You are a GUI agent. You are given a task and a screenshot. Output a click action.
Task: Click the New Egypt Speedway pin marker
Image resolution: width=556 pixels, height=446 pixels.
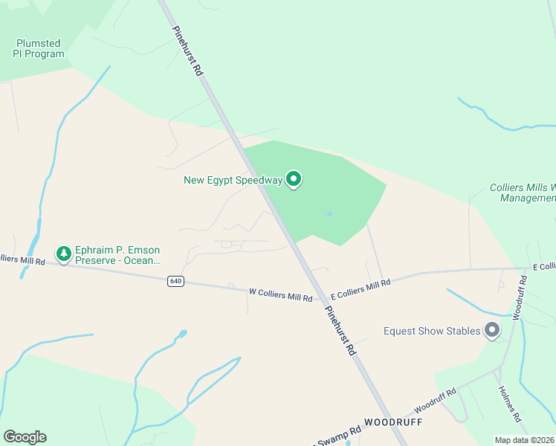click(294, 178)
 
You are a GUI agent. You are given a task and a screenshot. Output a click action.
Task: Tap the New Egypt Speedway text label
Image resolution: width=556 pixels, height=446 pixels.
click(233, 180)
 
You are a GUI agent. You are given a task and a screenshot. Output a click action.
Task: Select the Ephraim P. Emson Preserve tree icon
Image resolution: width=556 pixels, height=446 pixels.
click(65, 254)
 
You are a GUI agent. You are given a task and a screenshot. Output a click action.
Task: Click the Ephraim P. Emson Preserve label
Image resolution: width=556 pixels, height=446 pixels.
click(117, 255)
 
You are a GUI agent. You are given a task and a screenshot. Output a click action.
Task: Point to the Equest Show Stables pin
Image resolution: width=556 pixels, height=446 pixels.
click(491, 330)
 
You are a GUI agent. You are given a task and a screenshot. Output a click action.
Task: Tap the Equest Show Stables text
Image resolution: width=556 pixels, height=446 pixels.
click(431, 331)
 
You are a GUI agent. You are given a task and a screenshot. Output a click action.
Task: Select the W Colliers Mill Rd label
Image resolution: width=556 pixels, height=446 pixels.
click(280, 295)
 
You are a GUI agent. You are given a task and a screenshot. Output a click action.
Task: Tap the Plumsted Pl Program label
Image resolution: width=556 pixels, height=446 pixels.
click(39, 48)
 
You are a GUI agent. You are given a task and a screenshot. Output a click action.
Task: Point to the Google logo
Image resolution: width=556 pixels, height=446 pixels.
click(25, 437)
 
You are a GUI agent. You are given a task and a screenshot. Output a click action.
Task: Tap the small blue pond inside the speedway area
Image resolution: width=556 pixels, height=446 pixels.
click(329, 215)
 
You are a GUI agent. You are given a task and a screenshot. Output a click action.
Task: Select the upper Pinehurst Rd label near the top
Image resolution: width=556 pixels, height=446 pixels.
click(188, 52)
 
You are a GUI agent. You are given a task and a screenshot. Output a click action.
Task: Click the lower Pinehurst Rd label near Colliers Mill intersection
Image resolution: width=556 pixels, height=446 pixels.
click(340, 332)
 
